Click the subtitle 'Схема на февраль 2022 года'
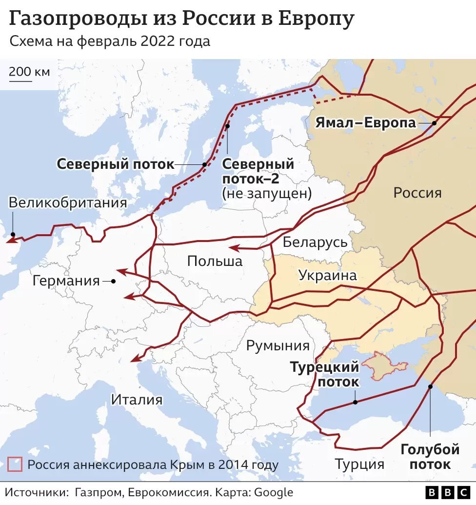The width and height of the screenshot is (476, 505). click(x=110, y=41)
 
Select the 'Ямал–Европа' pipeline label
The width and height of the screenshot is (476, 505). click(x=366, y=122)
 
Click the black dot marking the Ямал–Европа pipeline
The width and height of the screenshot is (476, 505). click(x=434, y=123)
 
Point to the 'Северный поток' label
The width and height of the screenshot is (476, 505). click(x=115, y=164)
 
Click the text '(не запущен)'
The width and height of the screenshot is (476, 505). click(x=266, y=193)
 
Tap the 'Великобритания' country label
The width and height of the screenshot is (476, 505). click(x=68, y=202)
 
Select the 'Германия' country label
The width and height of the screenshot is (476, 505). click(x=66, y=281)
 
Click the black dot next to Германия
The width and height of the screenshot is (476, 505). click(x=113, y=281)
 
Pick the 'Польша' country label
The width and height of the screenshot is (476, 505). click(x=215, y=261)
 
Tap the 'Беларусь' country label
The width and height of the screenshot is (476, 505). click(x=315, y=242)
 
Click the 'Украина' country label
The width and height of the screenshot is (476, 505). click(x=327, y=275)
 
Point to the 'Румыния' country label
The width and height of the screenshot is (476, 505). click(x=278, y=346)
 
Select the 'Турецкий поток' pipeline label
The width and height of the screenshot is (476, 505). click(x=325, y=374)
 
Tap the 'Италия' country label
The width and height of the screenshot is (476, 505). click(x=137, y=400)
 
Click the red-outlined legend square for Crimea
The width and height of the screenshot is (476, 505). click(x=15, y=464)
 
